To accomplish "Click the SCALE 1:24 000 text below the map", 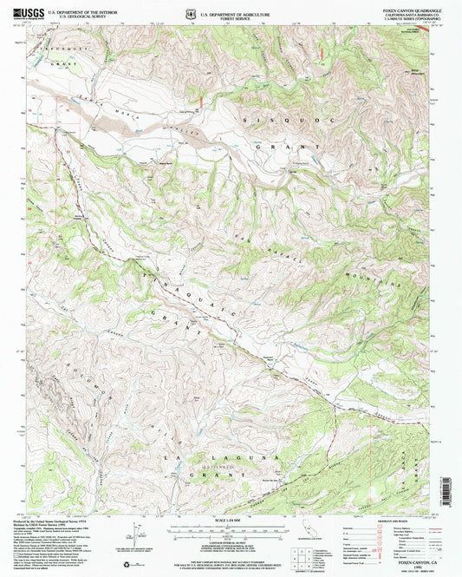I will (x=231, y=520).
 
